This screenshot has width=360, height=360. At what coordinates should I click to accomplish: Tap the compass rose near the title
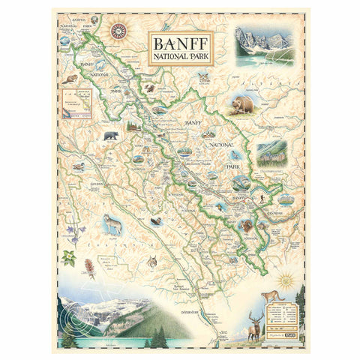(x=118, y=31)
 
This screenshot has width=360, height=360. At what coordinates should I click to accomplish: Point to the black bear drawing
(x=111, y=136)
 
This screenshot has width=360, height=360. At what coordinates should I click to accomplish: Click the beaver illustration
(x=70, y=79)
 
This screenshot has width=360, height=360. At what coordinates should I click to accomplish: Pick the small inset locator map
(x=73, y=104)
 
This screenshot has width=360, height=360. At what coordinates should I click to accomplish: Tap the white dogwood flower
(x=70, y=259)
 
